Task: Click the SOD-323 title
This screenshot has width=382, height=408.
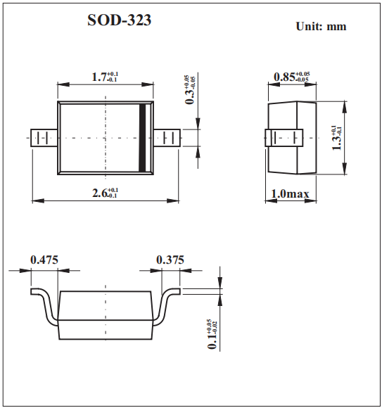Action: click(x=119, y=21)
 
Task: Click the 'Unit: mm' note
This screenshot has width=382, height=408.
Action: click(x=321, y=27)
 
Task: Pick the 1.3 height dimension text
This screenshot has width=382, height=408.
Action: click(x=338, y=136)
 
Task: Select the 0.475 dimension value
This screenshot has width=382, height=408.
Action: click(x=44, y=260)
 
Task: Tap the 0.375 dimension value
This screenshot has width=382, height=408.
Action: click(x=170, y=260)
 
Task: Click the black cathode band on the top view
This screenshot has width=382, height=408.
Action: click(x=145, y=137)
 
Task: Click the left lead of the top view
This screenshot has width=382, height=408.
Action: click(x=44, y=138)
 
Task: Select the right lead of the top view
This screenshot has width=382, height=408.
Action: click(x=167, y=138)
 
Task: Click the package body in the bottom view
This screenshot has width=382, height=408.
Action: click(x=106, y=314)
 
